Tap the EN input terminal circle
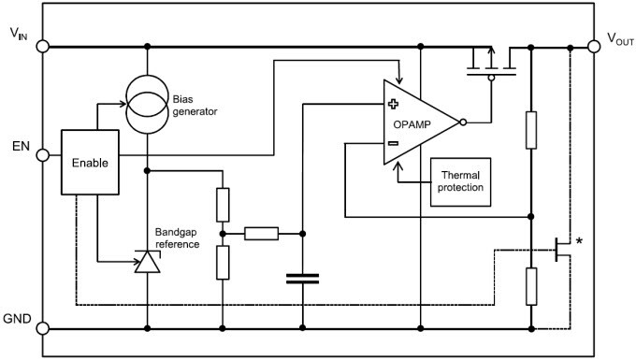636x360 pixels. pos(41,155)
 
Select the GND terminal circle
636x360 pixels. pos(41,328)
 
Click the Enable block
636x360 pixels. pos(91,162)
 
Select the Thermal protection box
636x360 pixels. pos(461,180)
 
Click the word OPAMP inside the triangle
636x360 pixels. pos(416,123)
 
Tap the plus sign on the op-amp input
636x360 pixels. pos(393,106)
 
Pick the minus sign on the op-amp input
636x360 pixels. pos(393,144)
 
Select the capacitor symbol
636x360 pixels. pos(302,278)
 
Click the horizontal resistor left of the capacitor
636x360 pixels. pos(261,233)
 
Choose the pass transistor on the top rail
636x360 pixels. pos(493,63)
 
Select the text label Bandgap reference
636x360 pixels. pos(177,238)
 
